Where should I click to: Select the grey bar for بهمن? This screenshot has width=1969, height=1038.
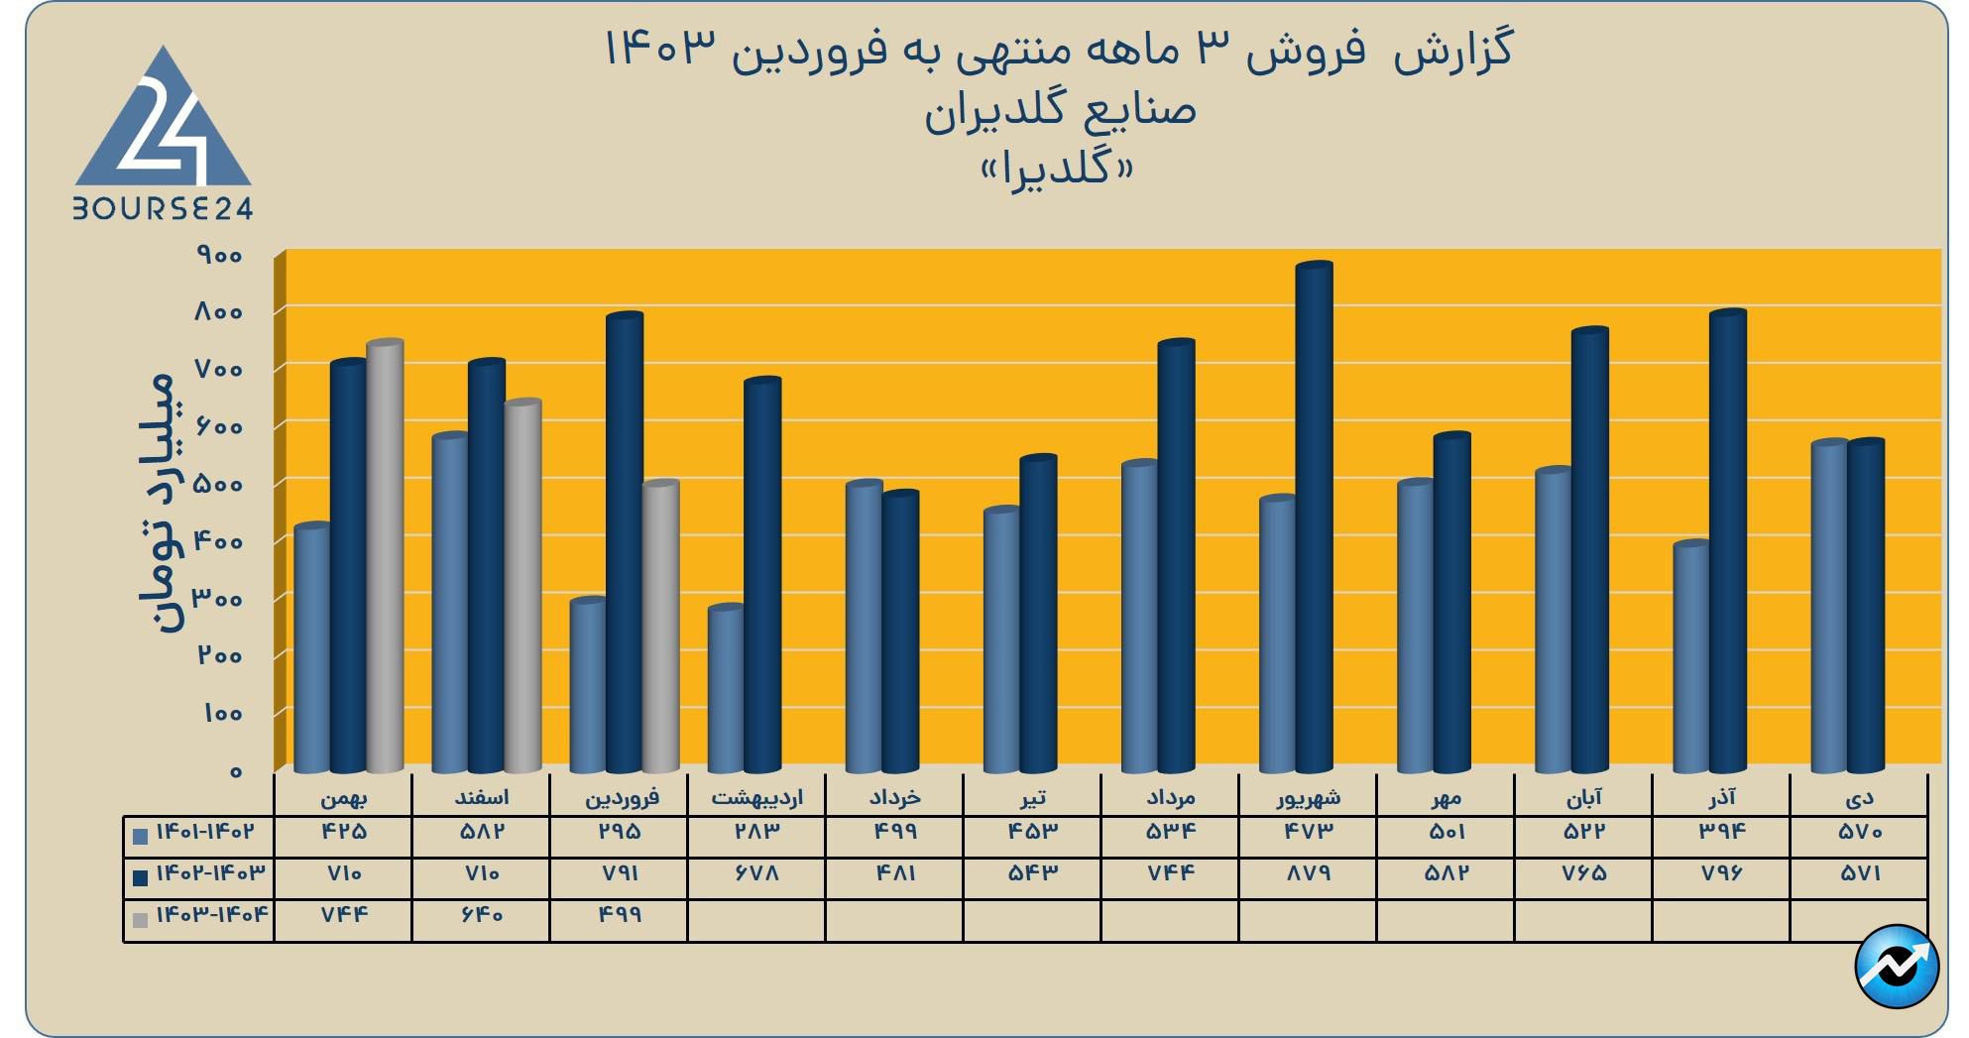pyautogui.click(x=385, y=555)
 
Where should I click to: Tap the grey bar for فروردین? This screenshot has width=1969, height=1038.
pyautogui.click(x=660, y=625)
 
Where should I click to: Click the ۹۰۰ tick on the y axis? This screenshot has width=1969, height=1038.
pyautogui.click(x=219, y=256)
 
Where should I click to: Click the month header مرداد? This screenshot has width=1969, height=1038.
pyautogui.click(x=1170, y=797)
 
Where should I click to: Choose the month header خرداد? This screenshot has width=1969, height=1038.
pyautogui.click(x=894, y=797)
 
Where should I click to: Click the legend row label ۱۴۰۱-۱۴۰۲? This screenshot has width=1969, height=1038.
pyautogui.click(x=205, y=832)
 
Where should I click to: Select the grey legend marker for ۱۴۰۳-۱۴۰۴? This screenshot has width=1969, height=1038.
pyautogui.click(x=141, y=920)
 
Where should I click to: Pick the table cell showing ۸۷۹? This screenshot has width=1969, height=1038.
pyautogui.click(x=1308, y=874)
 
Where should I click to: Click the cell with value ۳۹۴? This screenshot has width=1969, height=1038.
pyautogui.click(x=1721, y=832)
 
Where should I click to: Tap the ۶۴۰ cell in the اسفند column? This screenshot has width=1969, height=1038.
pyautogui.click(x=481, y=915)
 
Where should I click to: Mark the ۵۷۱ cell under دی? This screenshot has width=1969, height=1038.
pyautogui.click(x=1859, y=874)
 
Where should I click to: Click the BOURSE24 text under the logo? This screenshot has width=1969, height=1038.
pyautogui.click(x=163, y=208)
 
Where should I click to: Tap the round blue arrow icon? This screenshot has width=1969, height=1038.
pyautogui.click(x=1897, y=967)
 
